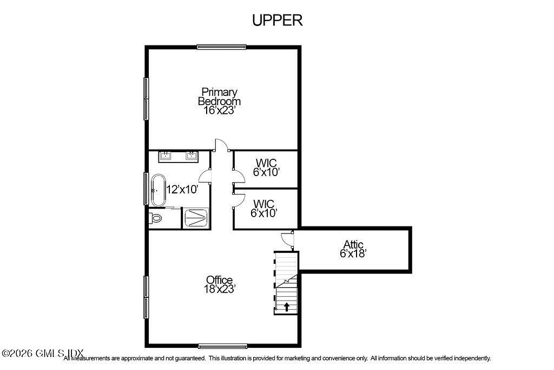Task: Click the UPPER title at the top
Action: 277,20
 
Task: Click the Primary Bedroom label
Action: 219,96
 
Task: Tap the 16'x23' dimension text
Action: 219,111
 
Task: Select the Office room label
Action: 219,280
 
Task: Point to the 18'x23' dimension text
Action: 219,289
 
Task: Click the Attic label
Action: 353,244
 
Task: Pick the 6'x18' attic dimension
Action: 353,253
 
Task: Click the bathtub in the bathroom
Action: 158,190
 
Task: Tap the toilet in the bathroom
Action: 156,219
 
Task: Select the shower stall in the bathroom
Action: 195,218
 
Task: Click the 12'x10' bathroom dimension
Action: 182,190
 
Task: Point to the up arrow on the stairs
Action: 286,307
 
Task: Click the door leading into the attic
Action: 287,237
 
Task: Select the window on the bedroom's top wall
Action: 221,47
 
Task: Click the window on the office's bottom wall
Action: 223,346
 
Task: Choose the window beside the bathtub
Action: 146,189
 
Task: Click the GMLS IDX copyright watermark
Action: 42,353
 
